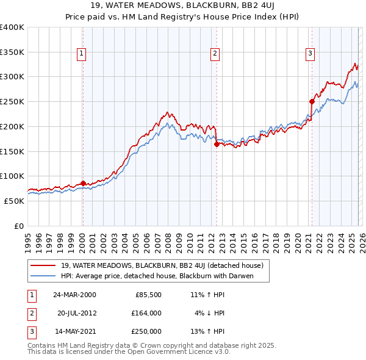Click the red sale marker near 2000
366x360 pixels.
(x=83, y=183)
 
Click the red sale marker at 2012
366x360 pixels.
(x=217, y=145)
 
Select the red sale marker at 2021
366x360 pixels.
(x=312, y=101)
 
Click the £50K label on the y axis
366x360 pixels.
(x=15, y=201)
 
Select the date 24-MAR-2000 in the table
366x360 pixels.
(x=74, y=295)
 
